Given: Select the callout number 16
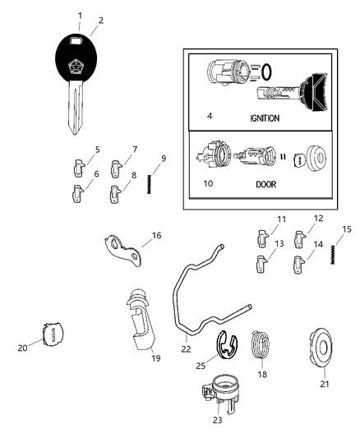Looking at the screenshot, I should click(156, 235).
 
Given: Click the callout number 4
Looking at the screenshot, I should click(210, 117).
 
